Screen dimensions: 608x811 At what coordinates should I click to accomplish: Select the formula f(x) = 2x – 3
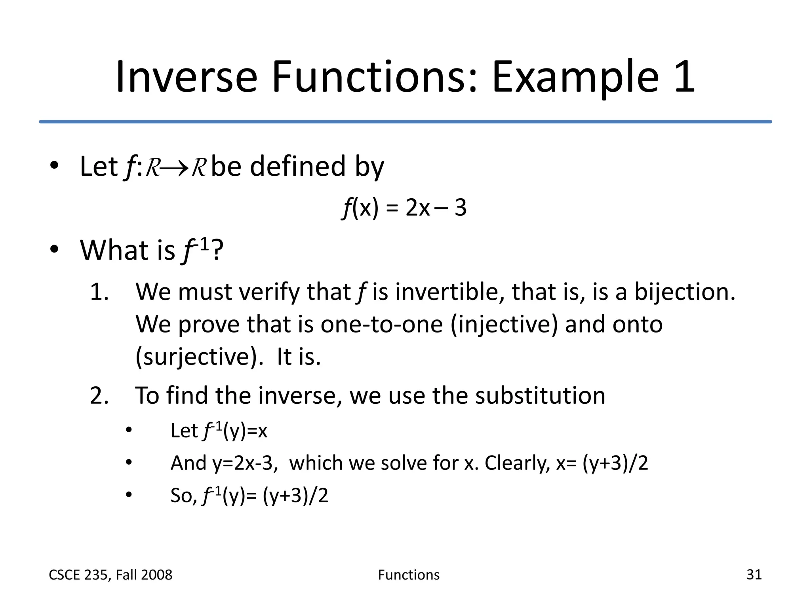click(x=404, y=207)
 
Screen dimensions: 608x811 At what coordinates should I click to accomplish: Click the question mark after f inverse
click(x=217, y=250)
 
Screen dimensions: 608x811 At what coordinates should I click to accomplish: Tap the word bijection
click(x=685, y=292)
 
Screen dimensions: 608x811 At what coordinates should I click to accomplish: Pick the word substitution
click(x=540, y=395)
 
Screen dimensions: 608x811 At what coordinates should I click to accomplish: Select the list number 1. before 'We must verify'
click(x=99, y=292)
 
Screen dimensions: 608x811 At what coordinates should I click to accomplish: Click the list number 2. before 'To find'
click(x=99, y=395)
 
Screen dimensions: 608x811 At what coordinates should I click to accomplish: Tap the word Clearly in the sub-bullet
click(x=517, y=463)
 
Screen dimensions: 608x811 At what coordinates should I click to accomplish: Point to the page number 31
click(x=754, y=574)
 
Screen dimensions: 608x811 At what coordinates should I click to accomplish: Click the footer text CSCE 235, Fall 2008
click(x=110, y=575)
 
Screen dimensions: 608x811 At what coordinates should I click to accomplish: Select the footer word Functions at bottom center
click(x=409, y=575)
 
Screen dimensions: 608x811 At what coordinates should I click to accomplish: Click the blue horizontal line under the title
click(x=405, y=122)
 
